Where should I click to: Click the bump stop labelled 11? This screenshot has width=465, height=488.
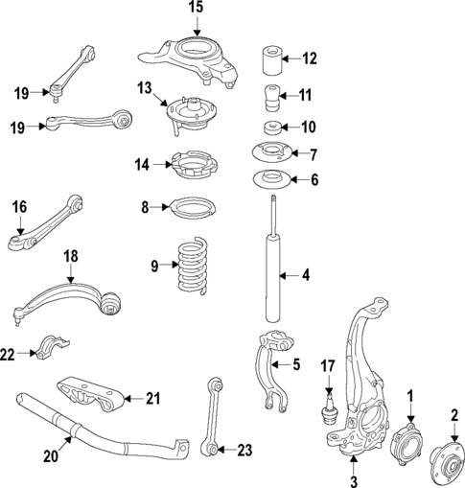point(270,98)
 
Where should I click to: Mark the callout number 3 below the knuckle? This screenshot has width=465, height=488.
point(353,479)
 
